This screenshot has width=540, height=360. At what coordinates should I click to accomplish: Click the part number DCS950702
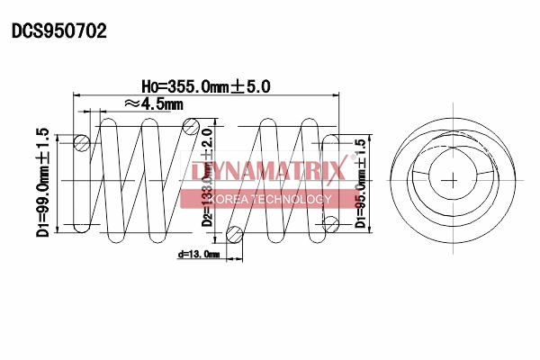59,31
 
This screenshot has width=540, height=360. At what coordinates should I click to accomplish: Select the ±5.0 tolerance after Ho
251,86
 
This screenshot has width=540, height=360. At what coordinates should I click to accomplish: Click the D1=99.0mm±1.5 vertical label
42,180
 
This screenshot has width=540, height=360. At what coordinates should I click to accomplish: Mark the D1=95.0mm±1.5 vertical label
361,184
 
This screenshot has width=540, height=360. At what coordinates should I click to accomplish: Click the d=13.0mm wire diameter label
198,255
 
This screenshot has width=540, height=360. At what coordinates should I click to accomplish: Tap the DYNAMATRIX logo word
267,171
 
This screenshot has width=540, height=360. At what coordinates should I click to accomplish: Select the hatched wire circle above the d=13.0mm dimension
235,236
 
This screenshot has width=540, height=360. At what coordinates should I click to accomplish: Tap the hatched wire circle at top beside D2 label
191,129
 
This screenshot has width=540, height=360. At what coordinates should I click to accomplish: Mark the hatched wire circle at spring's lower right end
330,221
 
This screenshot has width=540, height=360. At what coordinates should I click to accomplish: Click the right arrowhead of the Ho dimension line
337,94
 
